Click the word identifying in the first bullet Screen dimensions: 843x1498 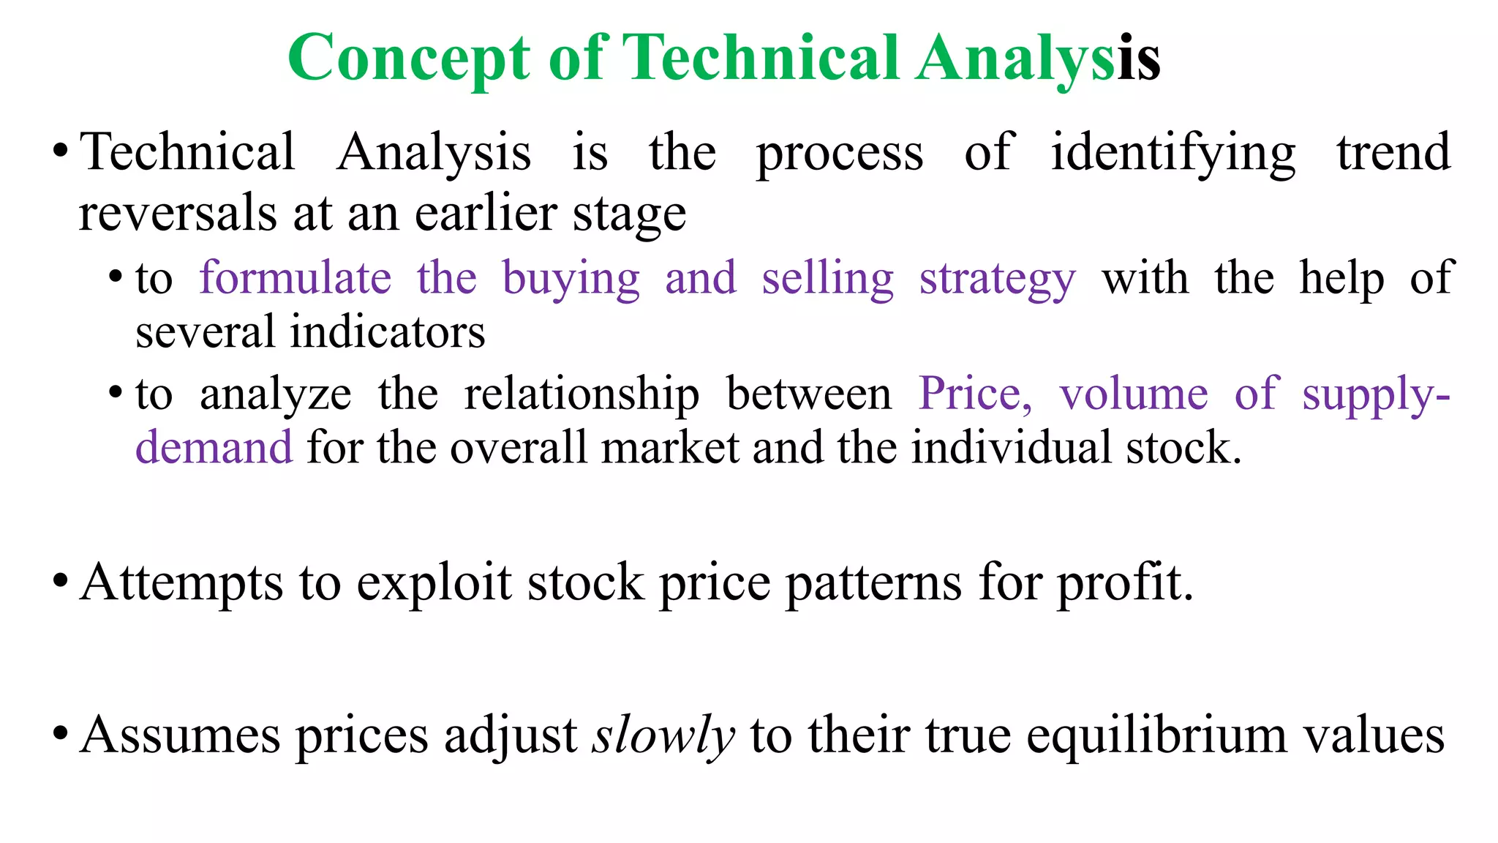(x=1173, y=154)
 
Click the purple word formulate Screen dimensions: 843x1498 (x=296, y=279)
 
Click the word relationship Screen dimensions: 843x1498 (x=581, y=395)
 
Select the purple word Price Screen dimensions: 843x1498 (x=974, y=395)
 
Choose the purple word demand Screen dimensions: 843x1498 (x=214, y=448)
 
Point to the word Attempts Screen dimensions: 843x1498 (x=181, y=584)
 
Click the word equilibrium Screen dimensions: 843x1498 (x=1156, y=735)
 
